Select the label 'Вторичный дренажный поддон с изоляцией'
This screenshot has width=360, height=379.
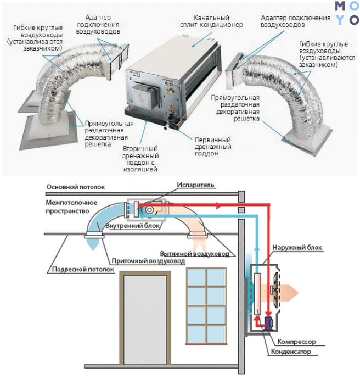(x=139, y=159)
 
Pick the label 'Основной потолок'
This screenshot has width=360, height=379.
(x=71, y=186)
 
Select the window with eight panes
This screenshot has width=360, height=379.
(x=206, y=306)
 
